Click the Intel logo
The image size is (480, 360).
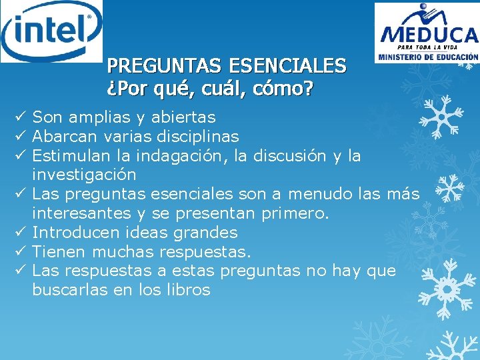coord(51,31)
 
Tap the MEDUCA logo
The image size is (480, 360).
coord(427,33)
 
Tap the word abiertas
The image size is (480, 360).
coord(183,118)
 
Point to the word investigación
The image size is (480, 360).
coord(84,175)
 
